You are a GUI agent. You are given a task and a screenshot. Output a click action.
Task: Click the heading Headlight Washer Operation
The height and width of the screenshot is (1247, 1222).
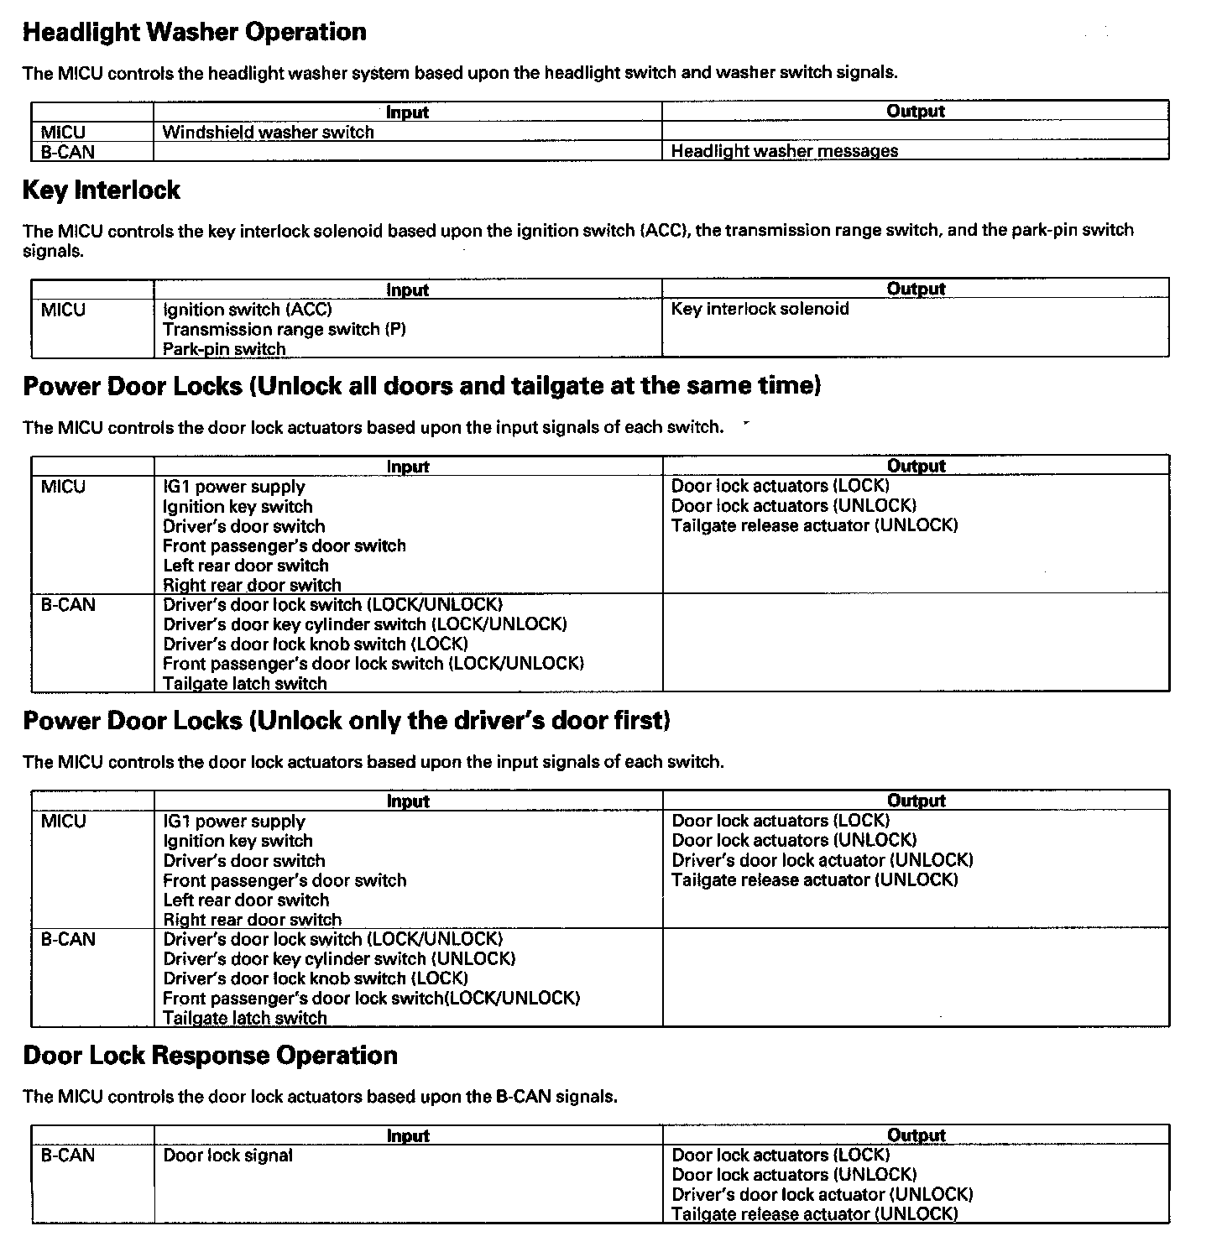(x=194, y=33)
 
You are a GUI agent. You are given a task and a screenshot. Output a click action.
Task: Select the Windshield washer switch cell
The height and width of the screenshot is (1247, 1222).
(x=268, y=133)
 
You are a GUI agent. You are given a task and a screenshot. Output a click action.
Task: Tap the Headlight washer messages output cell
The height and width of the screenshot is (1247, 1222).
(x=784, y=152)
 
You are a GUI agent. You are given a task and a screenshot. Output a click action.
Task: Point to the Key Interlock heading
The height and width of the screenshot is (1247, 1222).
(x=101, y=190)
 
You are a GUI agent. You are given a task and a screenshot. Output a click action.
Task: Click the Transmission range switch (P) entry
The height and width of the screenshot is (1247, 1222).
(x=284, y=330)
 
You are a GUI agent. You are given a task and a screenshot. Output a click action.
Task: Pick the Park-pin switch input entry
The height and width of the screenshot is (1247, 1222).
(x=224, y=349)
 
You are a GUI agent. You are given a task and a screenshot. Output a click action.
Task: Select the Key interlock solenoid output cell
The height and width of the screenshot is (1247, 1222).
(x=760, y=309)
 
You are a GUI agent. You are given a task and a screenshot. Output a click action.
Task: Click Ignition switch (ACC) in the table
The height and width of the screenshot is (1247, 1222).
(x=247, y=310)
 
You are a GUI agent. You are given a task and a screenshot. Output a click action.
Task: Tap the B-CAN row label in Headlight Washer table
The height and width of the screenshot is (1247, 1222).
(x=67, y=153)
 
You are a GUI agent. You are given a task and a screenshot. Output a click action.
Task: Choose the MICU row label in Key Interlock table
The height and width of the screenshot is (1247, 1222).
(x=63, y=310)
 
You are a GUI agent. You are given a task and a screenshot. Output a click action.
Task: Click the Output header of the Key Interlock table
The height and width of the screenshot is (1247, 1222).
(x=916, y=289)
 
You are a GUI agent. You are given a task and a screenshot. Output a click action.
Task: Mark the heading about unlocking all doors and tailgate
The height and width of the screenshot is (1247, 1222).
(x=421, y=386)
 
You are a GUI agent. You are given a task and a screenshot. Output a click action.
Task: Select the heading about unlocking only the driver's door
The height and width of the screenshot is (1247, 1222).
(x=346, y=721)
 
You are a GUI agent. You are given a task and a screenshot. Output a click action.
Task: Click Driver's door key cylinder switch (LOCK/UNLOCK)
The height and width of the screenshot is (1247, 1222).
(x=364, y=624)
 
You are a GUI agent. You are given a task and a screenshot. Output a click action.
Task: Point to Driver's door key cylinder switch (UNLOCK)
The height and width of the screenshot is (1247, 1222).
(x=339, y=959)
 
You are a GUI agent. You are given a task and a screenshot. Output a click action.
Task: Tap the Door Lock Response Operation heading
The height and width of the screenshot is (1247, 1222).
(x=210, y=1056)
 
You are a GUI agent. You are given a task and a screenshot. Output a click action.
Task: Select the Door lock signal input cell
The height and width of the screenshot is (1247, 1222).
(x=227, y=1156)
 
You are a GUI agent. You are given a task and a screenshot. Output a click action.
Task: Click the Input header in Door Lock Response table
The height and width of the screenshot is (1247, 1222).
(x=408, y=1136)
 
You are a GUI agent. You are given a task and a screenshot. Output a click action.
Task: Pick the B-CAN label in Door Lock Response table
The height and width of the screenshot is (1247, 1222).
(x=67, y=1156)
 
